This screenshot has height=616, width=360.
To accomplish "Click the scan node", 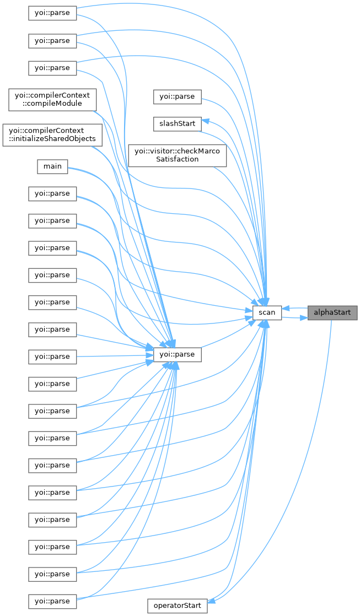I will (x=267, y=313).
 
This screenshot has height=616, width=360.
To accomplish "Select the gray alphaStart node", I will (x=332, y=313).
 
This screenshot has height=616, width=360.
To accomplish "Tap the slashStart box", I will (x=178, y=123).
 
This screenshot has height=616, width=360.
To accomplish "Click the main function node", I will (x=52, y=166).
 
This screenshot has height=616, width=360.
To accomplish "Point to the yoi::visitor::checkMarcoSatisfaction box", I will (x=177, y=155).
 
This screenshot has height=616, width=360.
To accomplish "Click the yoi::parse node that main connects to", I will (x=177, y=354).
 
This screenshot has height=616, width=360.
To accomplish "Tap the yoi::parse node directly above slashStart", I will (x=177, y=96).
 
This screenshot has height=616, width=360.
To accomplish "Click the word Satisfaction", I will (x=177, y=159).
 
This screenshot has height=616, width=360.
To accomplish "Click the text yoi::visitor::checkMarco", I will (x=177, y=150).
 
